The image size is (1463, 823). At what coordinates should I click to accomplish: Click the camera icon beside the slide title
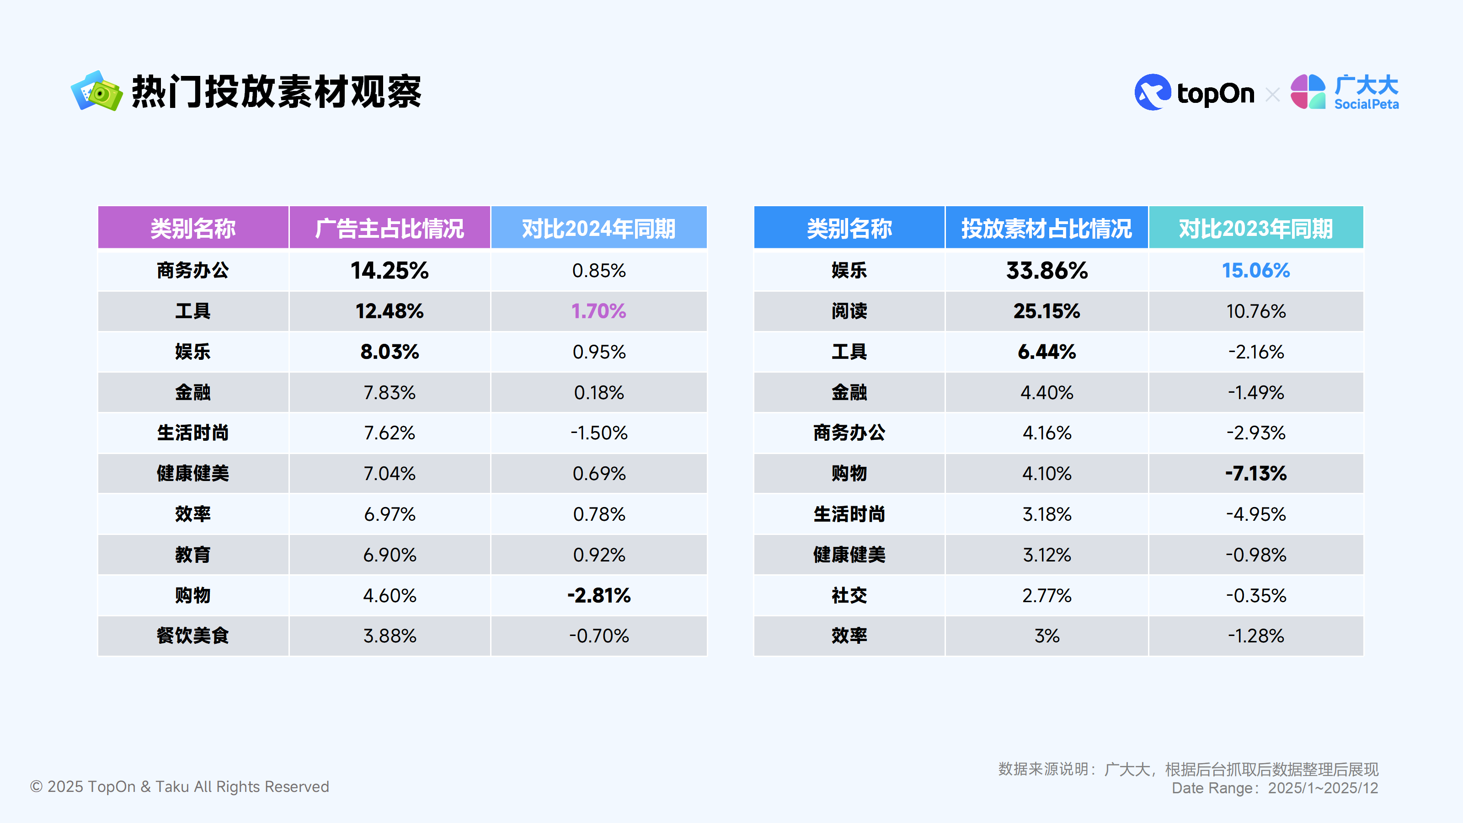tap(96, 91)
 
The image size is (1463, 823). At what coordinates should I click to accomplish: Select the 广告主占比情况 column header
tap(390, 228)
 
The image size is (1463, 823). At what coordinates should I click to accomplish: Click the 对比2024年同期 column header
tap(598, 228)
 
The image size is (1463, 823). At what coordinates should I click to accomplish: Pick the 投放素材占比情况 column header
tap(1046, 228)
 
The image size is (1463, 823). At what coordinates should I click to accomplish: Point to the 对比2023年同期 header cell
tap(1256, 228)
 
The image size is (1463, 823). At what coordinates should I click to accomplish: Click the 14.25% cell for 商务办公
tap(390, 270)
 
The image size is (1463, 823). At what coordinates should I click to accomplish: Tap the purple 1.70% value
tap(598, 311)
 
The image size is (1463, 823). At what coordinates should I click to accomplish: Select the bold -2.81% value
tap(598, 595)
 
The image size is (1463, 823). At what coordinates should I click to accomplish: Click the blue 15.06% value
tap(1256, 270)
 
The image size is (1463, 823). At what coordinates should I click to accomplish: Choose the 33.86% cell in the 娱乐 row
tap(1046, 270)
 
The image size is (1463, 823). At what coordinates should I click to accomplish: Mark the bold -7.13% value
tap(1256, 473)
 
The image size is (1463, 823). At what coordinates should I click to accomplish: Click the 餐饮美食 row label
tap(193, 636)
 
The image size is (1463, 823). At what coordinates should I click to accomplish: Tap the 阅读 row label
tap(849, 311)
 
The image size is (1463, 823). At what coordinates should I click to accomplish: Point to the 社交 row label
tap(849, 595)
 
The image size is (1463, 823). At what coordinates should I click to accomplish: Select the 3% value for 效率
tap(1046, 636)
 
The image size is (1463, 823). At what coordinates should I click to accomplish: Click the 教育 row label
tap(193, 554)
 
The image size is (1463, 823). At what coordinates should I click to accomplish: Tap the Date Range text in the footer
tap(1275, 788)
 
